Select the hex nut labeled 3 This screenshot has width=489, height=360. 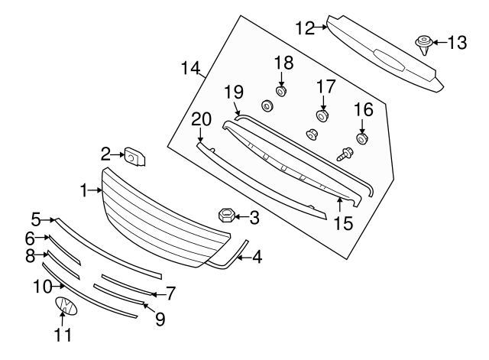click(227, 216)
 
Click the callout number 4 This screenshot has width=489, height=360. click(257, 258)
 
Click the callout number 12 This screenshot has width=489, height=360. click(305, 28)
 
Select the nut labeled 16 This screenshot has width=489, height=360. click(363, 138)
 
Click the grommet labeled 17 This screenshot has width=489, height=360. click(322, 116)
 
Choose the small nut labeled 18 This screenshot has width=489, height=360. click(281, 92)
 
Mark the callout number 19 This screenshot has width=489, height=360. click(233, 92)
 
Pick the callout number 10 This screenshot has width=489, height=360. click(40, 286)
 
